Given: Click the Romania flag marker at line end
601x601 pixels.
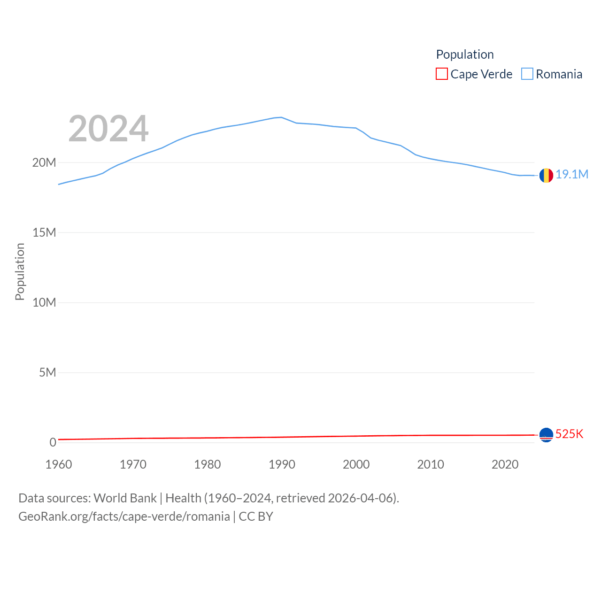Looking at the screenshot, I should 546,175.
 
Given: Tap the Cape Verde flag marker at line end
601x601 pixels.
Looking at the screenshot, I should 546,435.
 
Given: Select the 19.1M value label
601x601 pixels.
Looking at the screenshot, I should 572,174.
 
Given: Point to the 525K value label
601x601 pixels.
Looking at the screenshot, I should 569,434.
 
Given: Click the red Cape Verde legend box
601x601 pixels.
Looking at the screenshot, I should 442,74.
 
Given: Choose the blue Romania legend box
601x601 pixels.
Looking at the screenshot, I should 527,74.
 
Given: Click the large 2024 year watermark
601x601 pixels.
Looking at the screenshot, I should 108,129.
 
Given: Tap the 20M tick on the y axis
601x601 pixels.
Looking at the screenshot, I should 44,162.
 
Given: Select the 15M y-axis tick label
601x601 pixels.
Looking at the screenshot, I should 44,232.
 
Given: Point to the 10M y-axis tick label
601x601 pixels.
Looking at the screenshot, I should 44,302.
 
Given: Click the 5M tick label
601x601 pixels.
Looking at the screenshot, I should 47,372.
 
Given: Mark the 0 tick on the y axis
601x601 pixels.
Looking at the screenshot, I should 53,442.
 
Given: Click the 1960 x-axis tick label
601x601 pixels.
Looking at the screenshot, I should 59,464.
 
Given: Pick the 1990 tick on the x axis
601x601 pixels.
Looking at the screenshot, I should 282,464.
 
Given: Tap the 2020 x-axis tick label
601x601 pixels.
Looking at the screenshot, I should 505,464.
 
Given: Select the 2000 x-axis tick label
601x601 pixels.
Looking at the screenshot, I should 356,464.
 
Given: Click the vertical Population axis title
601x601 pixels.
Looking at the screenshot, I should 20,271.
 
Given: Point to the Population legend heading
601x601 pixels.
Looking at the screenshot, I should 465,54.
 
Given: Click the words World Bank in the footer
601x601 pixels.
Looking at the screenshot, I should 125,498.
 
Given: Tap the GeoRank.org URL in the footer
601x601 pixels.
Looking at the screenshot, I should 124,516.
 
